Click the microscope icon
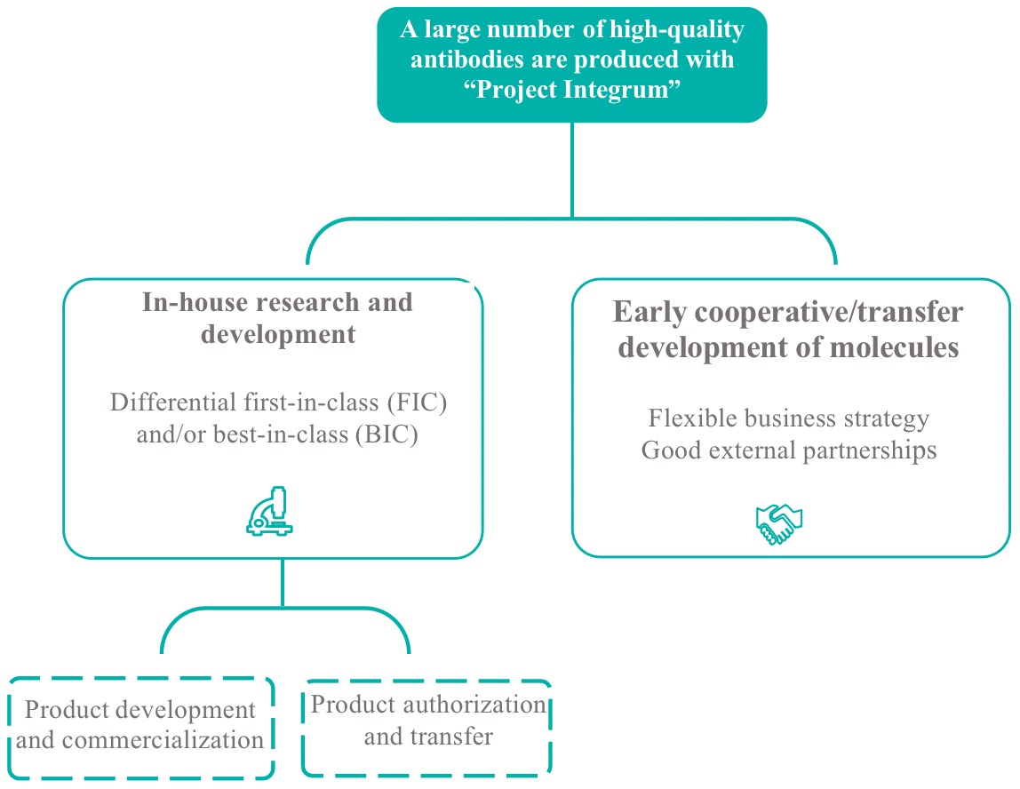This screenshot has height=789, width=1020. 269,511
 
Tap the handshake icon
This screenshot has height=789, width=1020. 778,524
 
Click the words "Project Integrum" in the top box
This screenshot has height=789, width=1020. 572,89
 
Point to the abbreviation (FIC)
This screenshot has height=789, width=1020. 417,402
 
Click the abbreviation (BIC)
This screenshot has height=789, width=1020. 386,434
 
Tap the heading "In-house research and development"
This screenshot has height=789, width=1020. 278,318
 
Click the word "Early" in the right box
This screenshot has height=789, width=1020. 649,312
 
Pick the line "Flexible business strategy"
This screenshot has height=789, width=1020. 788,418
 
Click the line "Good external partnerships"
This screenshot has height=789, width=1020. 788,450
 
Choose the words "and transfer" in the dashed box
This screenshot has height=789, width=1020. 428,737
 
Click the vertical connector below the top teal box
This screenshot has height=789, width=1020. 572,170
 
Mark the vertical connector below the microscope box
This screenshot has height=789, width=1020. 283,583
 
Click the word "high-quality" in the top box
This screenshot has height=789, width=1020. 676,30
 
